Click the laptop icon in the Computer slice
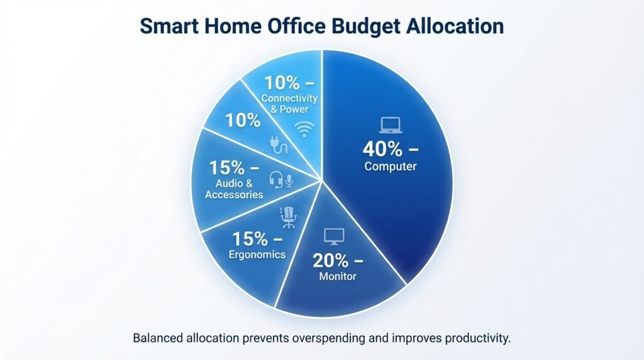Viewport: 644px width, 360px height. [x=390, y=125]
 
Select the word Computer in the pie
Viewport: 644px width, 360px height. [x=390, y=167]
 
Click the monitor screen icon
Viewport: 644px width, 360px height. [x=334, y=237]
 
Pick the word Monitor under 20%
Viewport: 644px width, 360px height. [x=337, y=276]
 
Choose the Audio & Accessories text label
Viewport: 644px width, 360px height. [x=233, y=189]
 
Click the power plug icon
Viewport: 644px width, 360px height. [x=279, y=144]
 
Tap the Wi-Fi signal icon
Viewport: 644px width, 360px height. [x=304, y=130]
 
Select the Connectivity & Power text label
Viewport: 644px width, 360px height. [x=289, y=104]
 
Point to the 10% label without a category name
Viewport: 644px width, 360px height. [x=243, y=121]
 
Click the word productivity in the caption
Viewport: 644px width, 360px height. [x=477, y=339]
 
